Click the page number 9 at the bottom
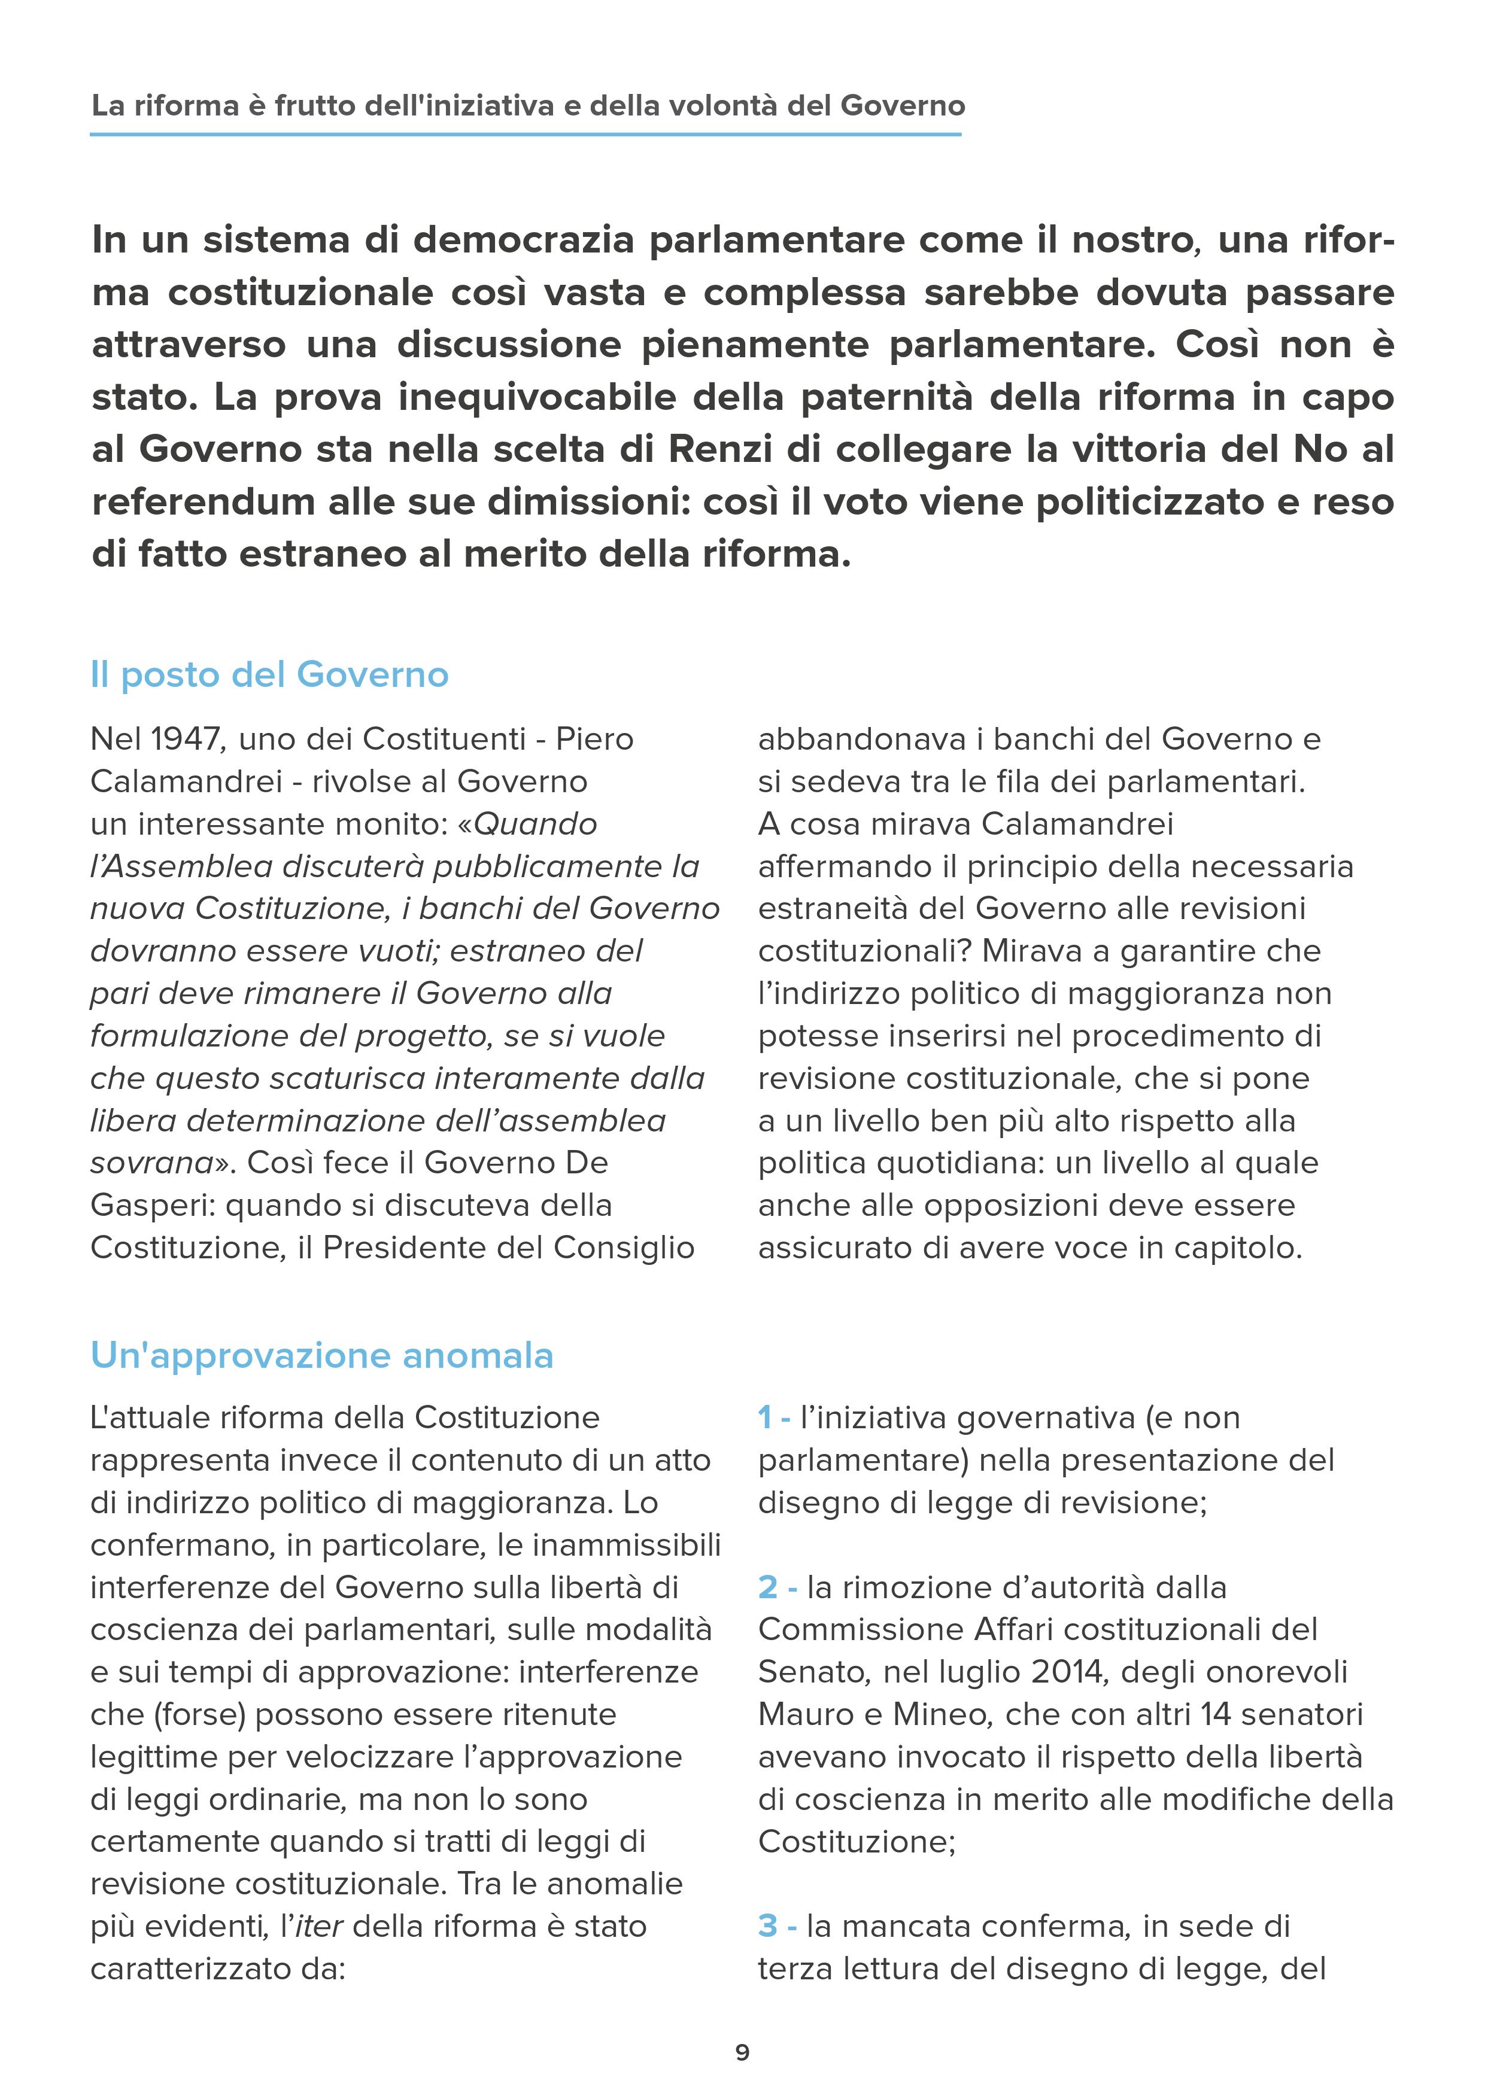[742, 2052]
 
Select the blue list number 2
[767, 1587]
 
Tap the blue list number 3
[767, 1926]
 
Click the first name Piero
[594, 739]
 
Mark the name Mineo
[942, 1714]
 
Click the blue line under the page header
[526, 135]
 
